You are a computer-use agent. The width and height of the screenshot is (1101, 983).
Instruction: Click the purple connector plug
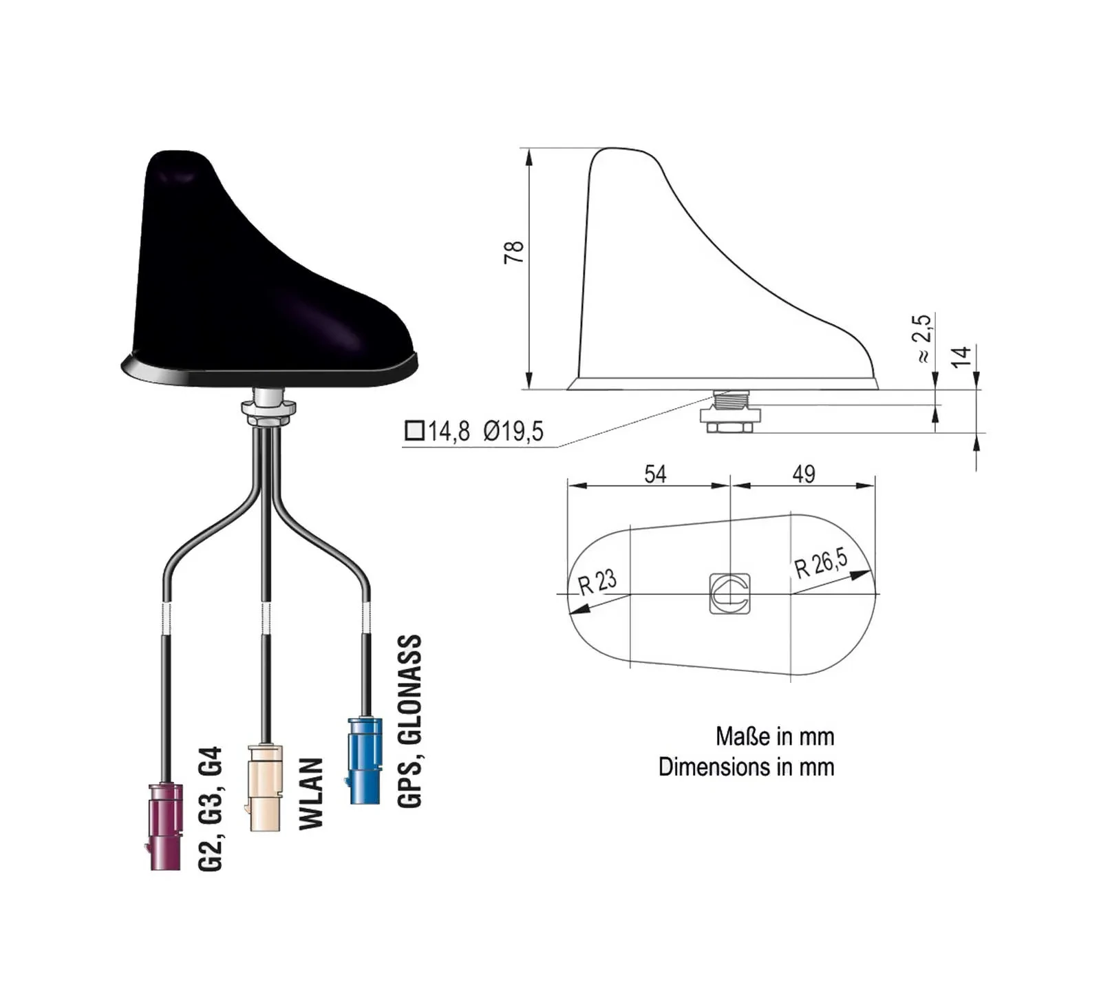(165, 827)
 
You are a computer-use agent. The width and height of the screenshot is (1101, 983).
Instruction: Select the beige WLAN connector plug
(265, 788)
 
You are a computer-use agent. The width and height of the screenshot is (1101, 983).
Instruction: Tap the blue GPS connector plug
(365, 761)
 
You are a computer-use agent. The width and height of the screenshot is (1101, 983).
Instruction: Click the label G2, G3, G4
(210, 809)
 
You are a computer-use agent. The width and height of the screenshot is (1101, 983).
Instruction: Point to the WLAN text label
(311, 794)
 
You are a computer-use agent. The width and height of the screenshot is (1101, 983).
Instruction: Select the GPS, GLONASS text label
(409, 721)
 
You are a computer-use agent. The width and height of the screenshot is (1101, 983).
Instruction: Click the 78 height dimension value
(514, 252)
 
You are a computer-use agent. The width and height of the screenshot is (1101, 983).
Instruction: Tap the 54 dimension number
(655, 474)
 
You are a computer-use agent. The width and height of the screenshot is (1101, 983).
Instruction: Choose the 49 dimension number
(804, 474)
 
